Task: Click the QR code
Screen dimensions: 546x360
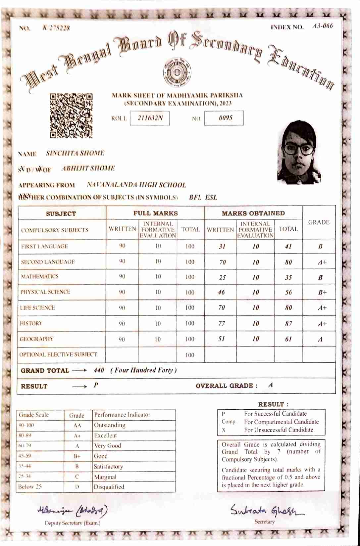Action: point(71,115)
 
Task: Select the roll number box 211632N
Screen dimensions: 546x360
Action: point(150,118)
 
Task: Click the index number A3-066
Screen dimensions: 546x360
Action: point(322,26)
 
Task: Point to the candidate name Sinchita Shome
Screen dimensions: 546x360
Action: point(75,153)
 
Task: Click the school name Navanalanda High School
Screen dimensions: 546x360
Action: point(136,185)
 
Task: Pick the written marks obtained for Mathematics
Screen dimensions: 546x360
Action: point(222,277)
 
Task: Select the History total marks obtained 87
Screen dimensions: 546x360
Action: point(288,324)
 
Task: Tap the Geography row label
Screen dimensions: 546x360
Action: point(36,339)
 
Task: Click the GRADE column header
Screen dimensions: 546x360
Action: point(319,222)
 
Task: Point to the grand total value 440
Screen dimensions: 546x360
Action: point(99,370)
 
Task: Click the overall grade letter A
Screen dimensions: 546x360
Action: point(271,385)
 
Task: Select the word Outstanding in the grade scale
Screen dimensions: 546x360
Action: point(110,425)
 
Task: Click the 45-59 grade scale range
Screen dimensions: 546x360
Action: point(25,456)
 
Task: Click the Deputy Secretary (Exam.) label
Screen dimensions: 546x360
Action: point(73,523)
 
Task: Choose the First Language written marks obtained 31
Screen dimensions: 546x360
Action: point(222,247)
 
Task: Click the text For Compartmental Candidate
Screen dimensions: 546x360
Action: point(281,422)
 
